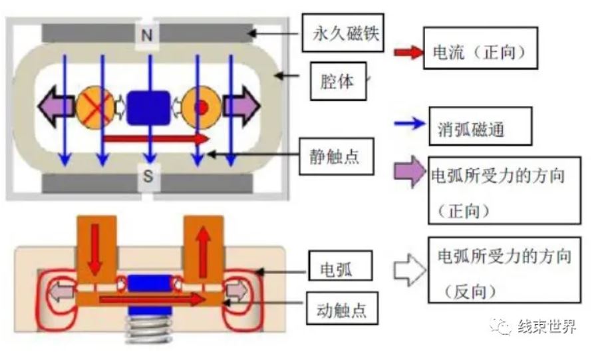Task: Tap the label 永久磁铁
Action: click(x=345, y=33)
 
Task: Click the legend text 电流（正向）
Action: click(x=480, y=54)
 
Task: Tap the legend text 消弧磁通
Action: click(x=480, y=126)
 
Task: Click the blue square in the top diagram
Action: click(x=148, y=107)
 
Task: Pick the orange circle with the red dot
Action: click(x=202, y=106)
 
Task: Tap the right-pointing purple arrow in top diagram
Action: click(x=240, y=106)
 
